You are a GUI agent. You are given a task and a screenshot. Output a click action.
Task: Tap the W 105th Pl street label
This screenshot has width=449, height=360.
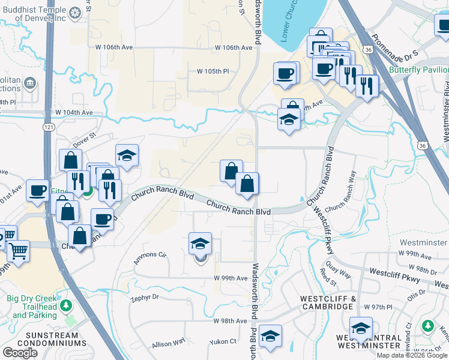214,71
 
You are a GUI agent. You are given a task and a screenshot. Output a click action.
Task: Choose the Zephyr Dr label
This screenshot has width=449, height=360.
144,297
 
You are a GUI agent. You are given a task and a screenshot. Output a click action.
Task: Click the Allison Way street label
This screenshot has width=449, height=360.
169,344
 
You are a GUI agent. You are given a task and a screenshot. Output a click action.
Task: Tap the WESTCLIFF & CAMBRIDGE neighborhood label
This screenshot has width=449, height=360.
327,302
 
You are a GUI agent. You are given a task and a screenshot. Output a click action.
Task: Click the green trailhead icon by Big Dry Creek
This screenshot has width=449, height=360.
68,304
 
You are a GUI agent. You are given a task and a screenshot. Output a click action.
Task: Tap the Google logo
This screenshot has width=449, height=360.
20,353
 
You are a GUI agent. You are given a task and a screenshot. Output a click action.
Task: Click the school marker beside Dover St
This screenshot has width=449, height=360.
127,155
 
